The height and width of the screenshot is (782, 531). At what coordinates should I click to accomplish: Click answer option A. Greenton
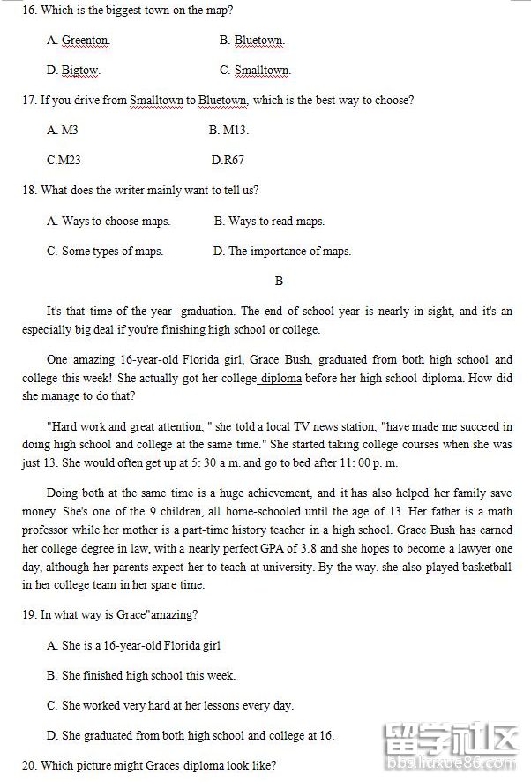point(78,41)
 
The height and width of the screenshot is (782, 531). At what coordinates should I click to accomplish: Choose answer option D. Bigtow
point(73,71)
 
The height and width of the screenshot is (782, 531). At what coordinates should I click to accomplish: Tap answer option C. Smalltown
point(255,71)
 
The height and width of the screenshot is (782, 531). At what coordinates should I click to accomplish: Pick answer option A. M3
point(63,131)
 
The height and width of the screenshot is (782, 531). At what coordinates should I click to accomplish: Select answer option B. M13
point(228,131)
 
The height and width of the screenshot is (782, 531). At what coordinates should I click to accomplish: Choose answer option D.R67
point(228,161)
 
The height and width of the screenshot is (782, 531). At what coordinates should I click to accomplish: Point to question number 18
point(28,191)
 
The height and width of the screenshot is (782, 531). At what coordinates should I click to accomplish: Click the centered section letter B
point(279,282)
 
